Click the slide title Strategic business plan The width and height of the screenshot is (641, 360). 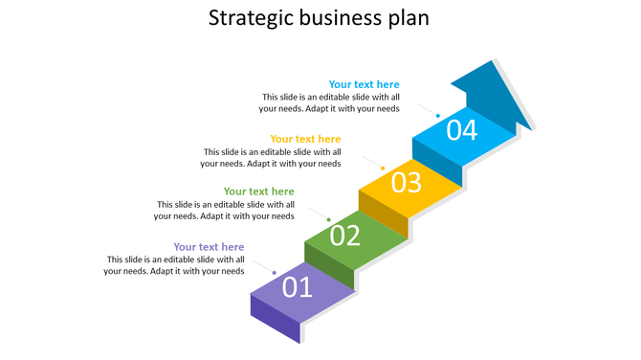pos(320,18)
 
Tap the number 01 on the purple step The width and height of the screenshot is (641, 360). pos(297,286)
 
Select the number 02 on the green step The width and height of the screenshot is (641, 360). pos(345,235)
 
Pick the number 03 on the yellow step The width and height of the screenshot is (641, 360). pos(406,182)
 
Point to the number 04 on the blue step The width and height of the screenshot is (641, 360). pos(461,129)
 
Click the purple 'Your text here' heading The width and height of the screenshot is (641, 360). pos(209,247)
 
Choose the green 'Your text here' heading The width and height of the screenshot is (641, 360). pos(258,191)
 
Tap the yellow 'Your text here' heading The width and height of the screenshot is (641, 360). pos(305,139)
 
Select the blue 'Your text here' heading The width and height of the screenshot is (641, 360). pos(364,84)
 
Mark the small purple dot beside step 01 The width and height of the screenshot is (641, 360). pos(275,273)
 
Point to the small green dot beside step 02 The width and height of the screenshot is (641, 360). pos(328,220)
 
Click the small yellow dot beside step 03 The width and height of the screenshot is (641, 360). pos(383,168)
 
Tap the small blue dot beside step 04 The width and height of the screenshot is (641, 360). pos(437,116)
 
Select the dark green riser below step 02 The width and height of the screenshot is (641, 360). pos(329,263)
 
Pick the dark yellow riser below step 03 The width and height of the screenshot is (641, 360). pos(383,212)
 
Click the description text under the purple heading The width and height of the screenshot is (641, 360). pos(174,265)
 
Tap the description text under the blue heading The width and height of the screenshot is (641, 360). pos(330,102)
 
